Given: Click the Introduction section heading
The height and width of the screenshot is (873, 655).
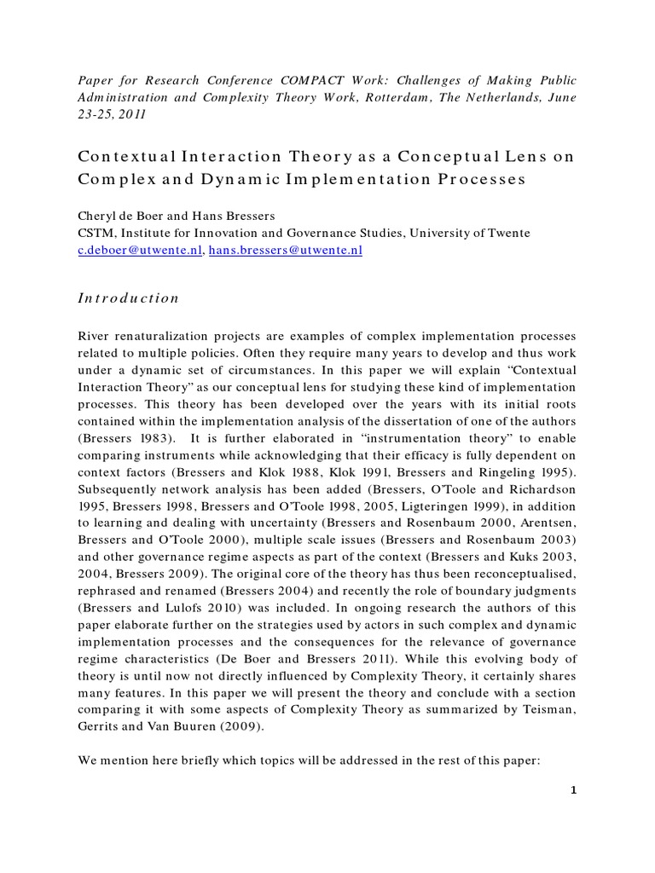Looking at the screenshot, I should tap(129, 298).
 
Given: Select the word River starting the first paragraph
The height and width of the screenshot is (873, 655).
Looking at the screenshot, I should tap(93, 336).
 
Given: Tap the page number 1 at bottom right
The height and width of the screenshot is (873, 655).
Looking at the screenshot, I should tap(574, 790).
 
